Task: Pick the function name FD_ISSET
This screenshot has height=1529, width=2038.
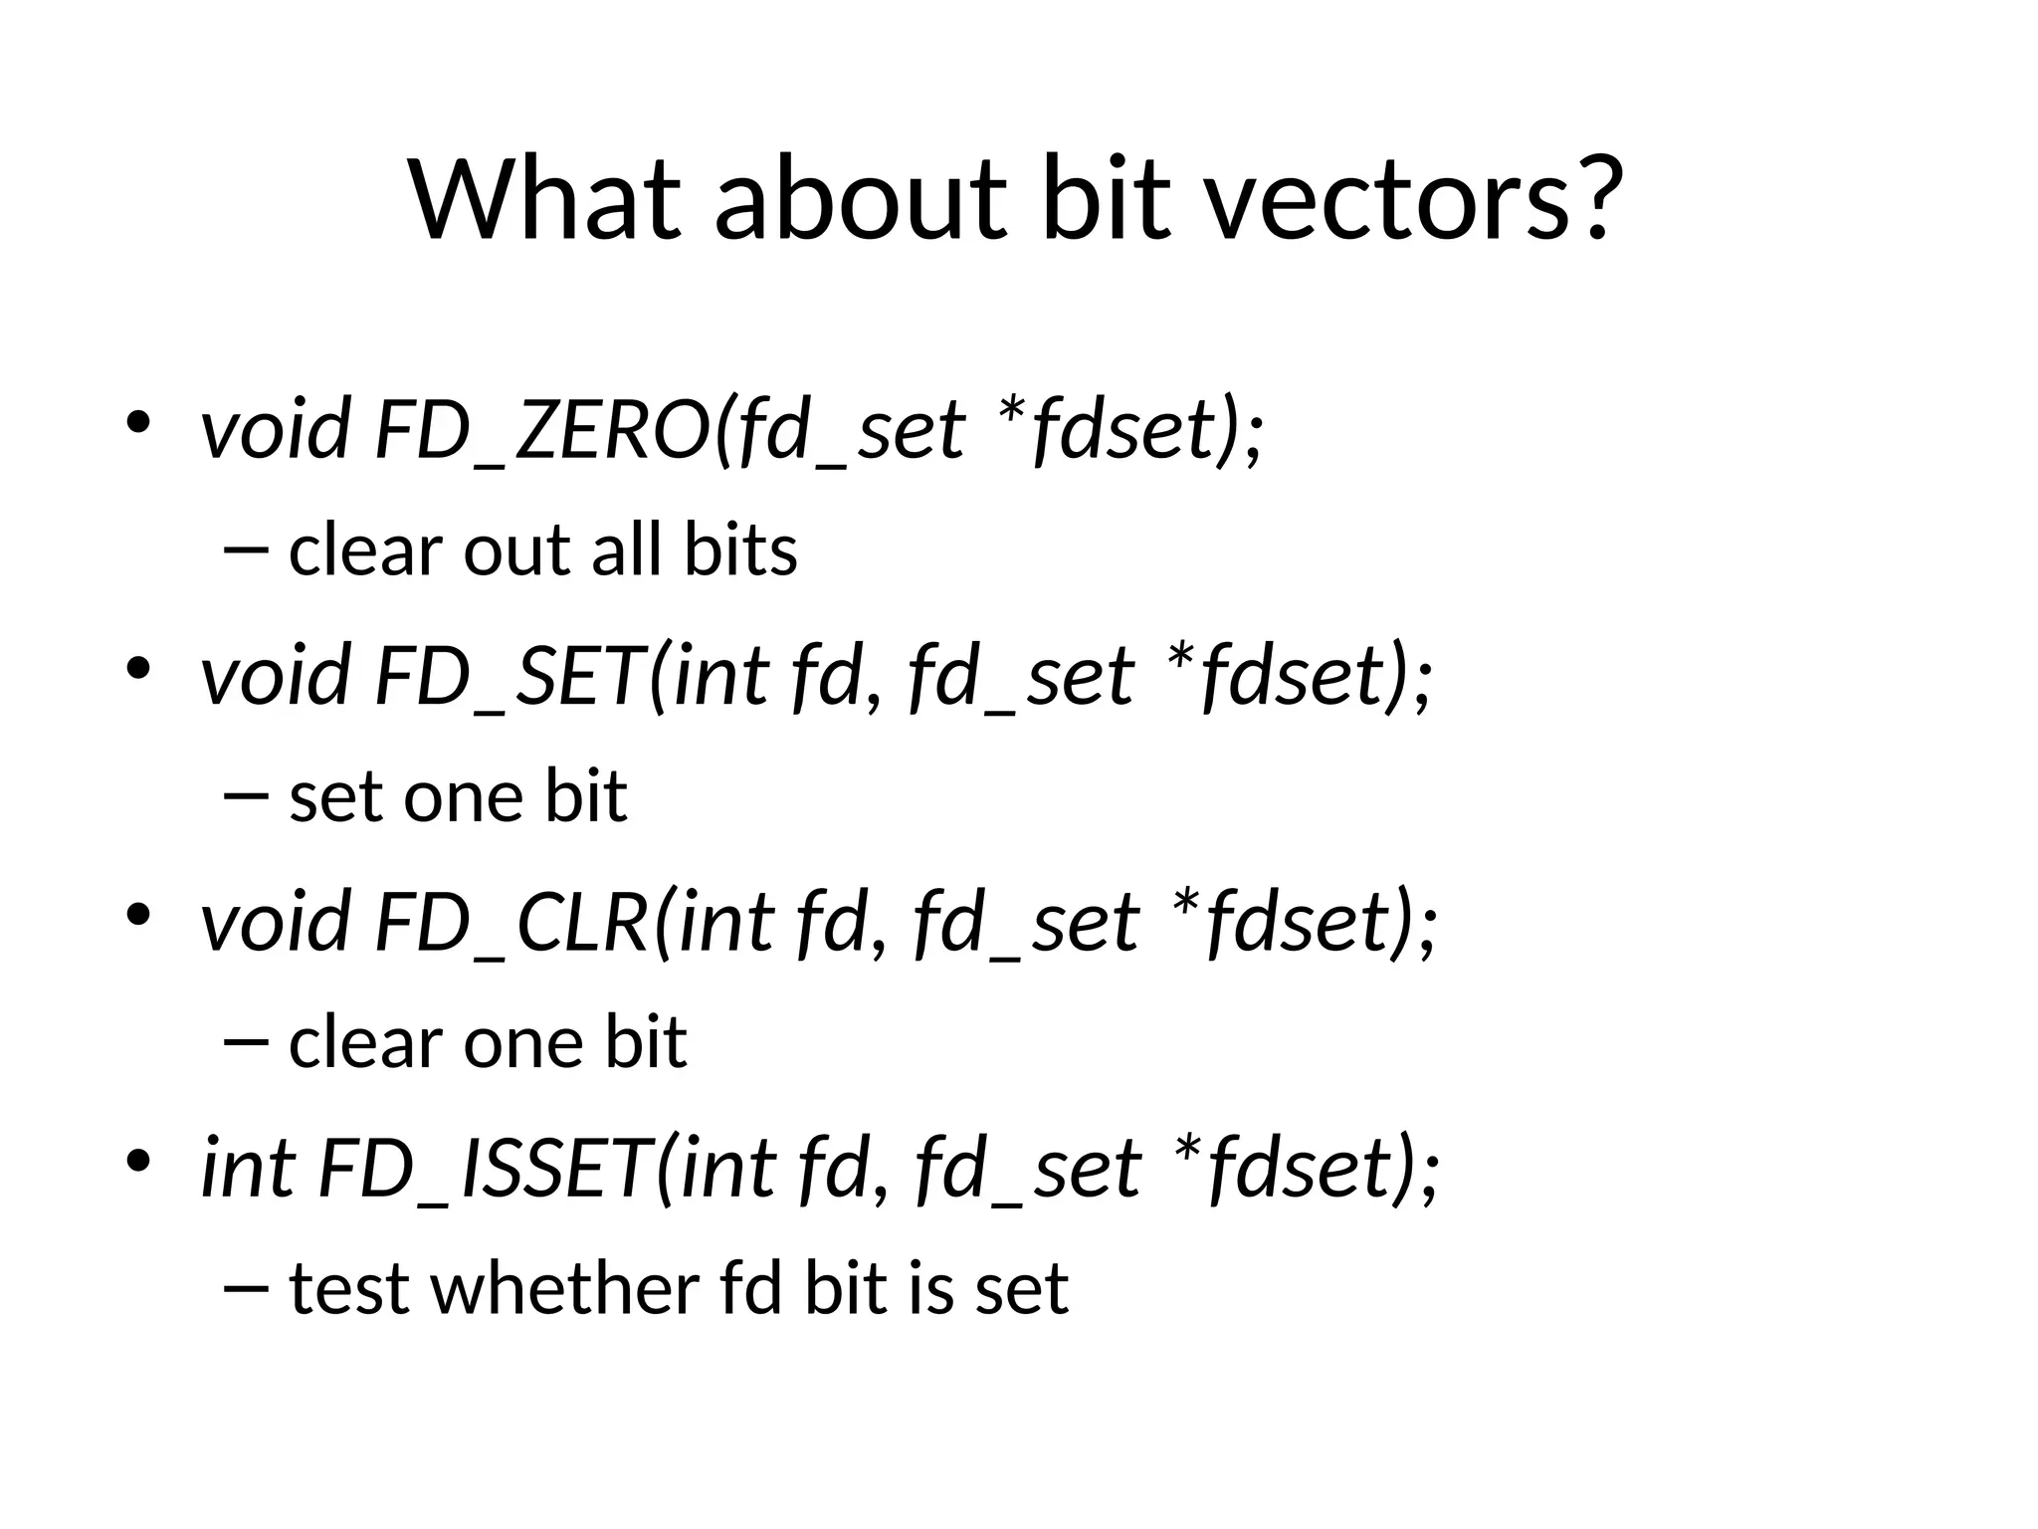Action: click(x=487, y=1169)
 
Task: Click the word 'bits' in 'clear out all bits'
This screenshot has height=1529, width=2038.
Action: click(x=740, y=550)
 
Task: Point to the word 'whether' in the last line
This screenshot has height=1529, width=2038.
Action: click(x=564, y=1289)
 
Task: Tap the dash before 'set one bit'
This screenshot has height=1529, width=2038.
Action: click(x=247, y=796)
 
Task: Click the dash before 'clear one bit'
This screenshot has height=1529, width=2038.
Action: click(x=247, y=1042)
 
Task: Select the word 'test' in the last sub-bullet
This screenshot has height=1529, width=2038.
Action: click(x=349, y=1289)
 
